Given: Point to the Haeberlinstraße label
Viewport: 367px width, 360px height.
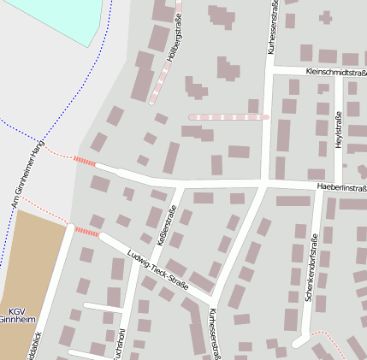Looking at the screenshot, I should tap(340, 186).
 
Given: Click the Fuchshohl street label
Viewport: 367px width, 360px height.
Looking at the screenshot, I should tap(119, 342).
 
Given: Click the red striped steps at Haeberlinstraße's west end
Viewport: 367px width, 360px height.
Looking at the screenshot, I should tap(84, 161).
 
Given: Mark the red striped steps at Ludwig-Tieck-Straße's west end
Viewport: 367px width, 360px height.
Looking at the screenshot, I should tap(87, 231).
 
